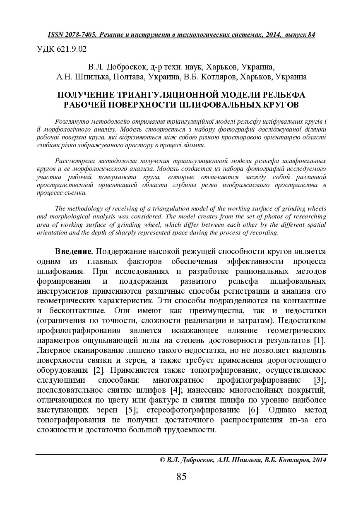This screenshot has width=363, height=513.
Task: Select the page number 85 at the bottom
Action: coord(182,477)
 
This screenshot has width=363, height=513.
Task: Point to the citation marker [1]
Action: coord(319,340)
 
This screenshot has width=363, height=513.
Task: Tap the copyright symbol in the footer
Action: coord(162,460)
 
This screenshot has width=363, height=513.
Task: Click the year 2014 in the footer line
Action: coord(319,460)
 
